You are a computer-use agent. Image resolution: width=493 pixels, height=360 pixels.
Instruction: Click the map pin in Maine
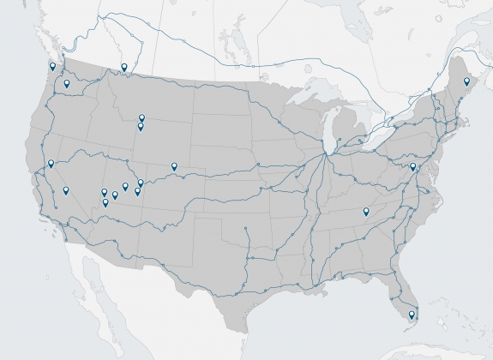[466, 82]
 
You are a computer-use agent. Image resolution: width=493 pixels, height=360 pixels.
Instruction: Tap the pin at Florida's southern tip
[412, 315]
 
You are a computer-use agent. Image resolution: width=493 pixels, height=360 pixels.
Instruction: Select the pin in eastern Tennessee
[366, 212]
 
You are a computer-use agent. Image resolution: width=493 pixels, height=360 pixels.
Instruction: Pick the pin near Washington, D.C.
[412, 167]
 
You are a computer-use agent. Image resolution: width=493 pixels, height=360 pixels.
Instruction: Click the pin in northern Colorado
[174, 166]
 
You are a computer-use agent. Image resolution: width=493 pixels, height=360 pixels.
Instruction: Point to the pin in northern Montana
[124, 68]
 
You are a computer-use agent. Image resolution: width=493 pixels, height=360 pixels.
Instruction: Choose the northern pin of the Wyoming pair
[142, 119]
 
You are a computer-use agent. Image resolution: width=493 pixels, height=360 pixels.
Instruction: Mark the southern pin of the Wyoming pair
[141, 128]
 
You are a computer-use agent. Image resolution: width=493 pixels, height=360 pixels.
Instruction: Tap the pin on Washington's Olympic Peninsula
[52, 66]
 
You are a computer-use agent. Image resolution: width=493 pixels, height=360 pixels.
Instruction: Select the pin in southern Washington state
[66, 84]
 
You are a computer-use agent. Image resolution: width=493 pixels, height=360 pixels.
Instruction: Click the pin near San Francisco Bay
[51, 164]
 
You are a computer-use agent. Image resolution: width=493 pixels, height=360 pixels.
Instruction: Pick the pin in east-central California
[66, 191]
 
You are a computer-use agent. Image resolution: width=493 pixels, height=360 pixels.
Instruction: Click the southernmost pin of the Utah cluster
[105, 203]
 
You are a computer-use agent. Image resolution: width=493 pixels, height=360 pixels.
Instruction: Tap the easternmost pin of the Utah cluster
[141, 183]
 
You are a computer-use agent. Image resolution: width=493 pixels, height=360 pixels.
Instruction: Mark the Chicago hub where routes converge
[325, 155]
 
